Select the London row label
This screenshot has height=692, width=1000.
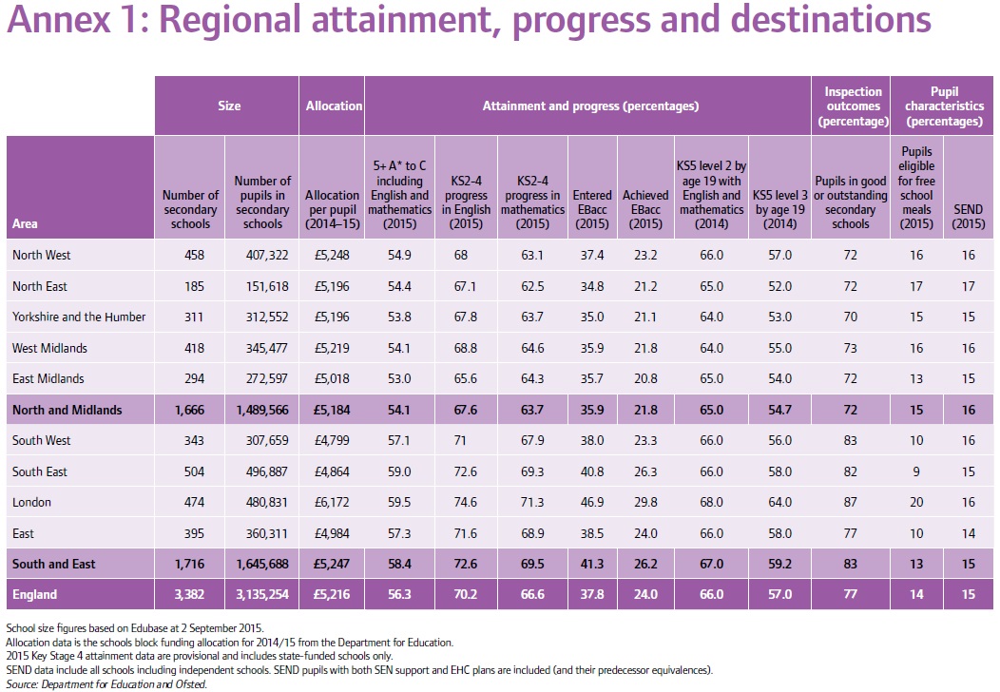coord(31,502)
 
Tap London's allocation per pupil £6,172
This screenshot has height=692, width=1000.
coord(332,502)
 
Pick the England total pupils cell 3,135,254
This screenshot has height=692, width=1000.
coord(262,595)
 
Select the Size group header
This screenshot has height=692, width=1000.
coord(228,106)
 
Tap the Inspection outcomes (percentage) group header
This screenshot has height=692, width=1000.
coord(852,106)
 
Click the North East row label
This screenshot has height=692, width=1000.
coord(40,286)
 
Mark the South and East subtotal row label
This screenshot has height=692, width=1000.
coord(54,565)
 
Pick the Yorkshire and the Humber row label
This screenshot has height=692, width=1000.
coord(79,317)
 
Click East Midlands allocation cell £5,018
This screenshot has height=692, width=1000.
coord(332,378)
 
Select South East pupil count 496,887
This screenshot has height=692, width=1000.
coord(262,471)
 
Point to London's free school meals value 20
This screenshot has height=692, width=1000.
coord(917,502)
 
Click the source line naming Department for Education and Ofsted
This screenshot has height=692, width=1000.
coord(106,683)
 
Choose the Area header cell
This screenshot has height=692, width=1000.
coord(25,224)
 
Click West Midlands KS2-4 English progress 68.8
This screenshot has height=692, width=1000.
coord(466,348)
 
